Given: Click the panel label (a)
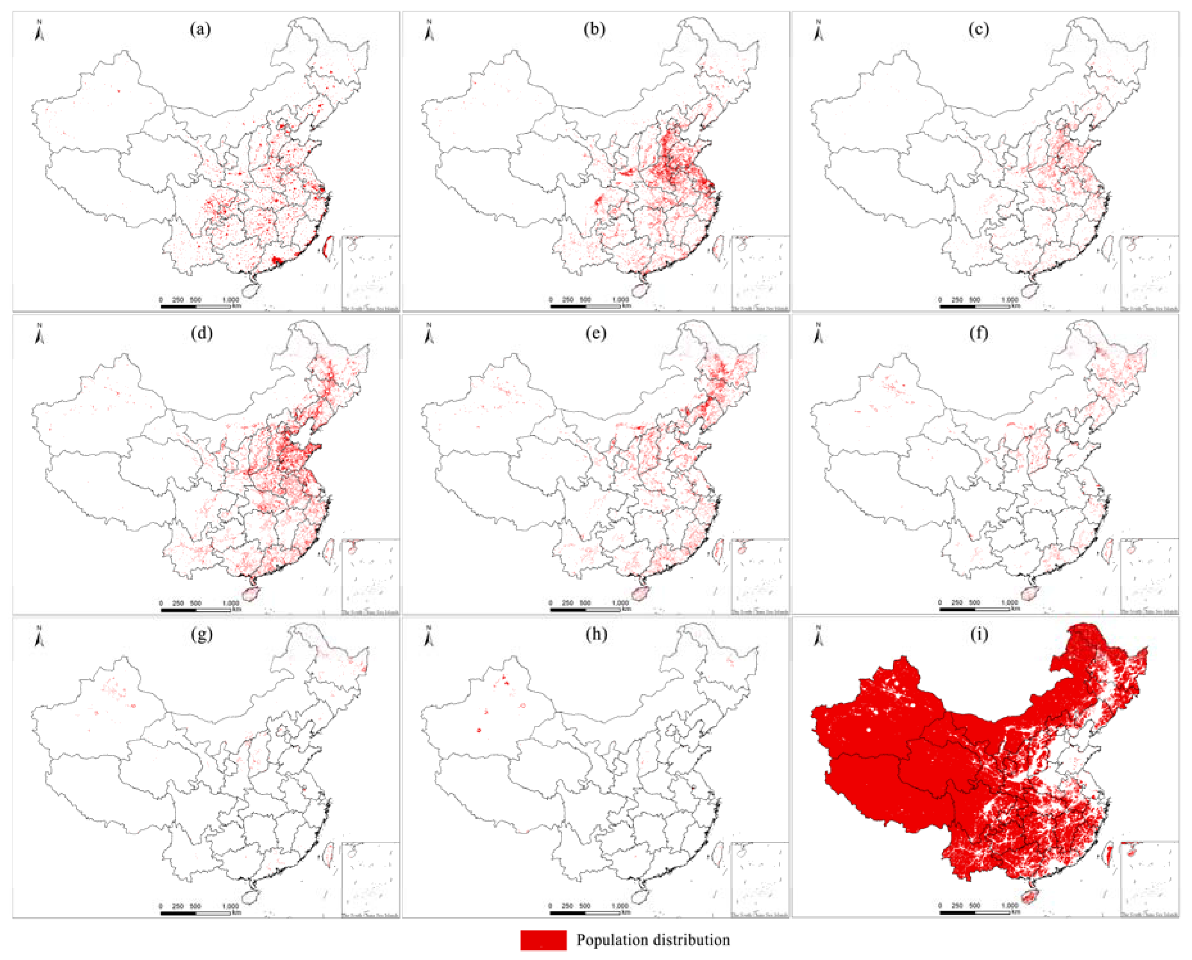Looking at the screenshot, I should click(200, 29).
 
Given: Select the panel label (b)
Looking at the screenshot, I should click(594, 29).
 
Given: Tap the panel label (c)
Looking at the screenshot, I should click(978, 29).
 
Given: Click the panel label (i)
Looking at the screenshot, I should click(978, 634).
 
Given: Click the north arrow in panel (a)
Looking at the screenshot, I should click(39, 31).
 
